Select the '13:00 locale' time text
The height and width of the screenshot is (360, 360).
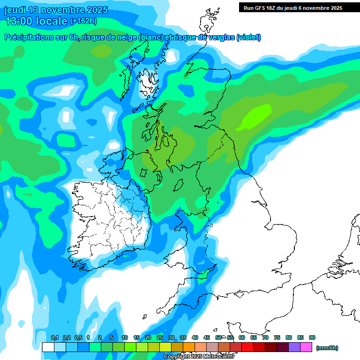coord(36,21)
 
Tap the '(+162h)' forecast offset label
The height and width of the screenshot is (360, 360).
coord(83,21)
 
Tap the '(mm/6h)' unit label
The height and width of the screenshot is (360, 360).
coord(327,348)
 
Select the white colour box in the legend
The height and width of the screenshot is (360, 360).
coord(48,347)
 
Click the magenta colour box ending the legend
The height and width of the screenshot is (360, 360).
coord(306,347)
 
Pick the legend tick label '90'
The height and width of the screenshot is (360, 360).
coord(312,338)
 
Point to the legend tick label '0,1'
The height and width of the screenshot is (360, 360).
coord(54,338)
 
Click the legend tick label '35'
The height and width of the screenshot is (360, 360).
coord(183,338)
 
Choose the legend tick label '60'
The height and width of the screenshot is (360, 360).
coord(242,338)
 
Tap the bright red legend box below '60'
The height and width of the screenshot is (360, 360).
coord(247,347)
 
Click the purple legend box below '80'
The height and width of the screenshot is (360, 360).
coord(294,347)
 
